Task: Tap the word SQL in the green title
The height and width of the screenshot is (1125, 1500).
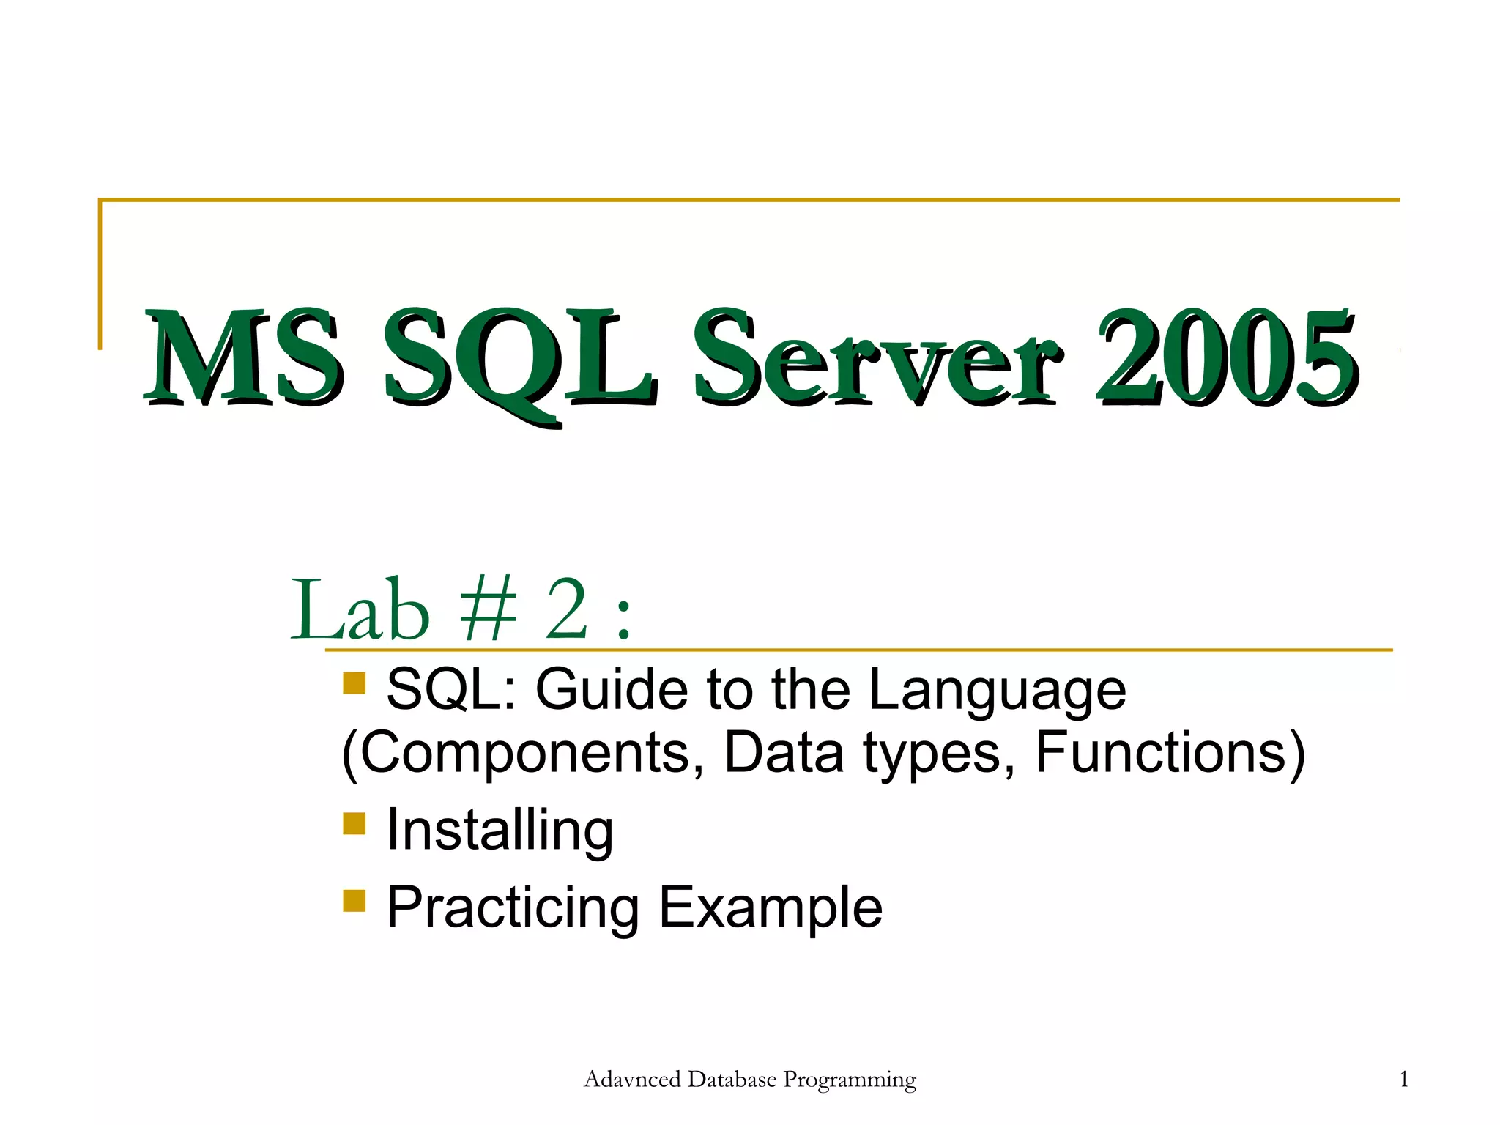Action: (519, 359)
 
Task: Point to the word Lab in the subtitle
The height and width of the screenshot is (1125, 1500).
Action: (360, 609)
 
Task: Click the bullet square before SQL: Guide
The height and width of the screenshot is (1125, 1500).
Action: (354, 683)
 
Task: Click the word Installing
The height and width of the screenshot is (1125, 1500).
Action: (500, 831)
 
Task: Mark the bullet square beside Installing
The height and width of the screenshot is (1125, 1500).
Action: (354, 823)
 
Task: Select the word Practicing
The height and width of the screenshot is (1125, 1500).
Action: (513, 908)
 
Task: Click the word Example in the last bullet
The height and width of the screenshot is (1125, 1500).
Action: (771, 908)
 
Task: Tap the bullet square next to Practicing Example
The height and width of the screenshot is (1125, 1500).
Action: (354, 900)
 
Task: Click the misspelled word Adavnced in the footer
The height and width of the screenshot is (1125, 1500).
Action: (632, 1079)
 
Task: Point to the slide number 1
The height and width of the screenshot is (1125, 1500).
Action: (1403, 1079)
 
